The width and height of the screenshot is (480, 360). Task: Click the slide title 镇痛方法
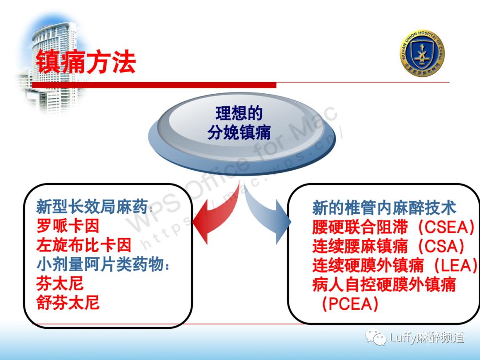[x=85, y=62]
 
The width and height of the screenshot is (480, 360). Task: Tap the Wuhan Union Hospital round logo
[x=422, y=53]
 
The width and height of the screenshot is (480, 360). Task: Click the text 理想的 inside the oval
[x=239, y=113]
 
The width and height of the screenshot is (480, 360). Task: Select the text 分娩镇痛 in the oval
[x=239, y=132]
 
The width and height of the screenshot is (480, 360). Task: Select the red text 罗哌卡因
[x=68, y=226]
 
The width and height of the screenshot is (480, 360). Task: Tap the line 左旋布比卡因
[x=84, y=245]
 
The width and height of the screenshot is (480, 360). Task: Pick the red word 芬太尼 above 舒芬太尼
[x=60, y=284]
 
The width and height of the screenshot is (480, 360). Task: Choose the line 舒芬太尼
[x=68, y=303]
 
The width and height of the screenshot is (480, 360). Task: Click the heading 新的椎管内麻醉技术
[x=384, y=208]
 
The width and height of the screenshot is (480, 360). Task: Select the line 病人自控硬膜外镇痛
[x=384, y=284]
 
